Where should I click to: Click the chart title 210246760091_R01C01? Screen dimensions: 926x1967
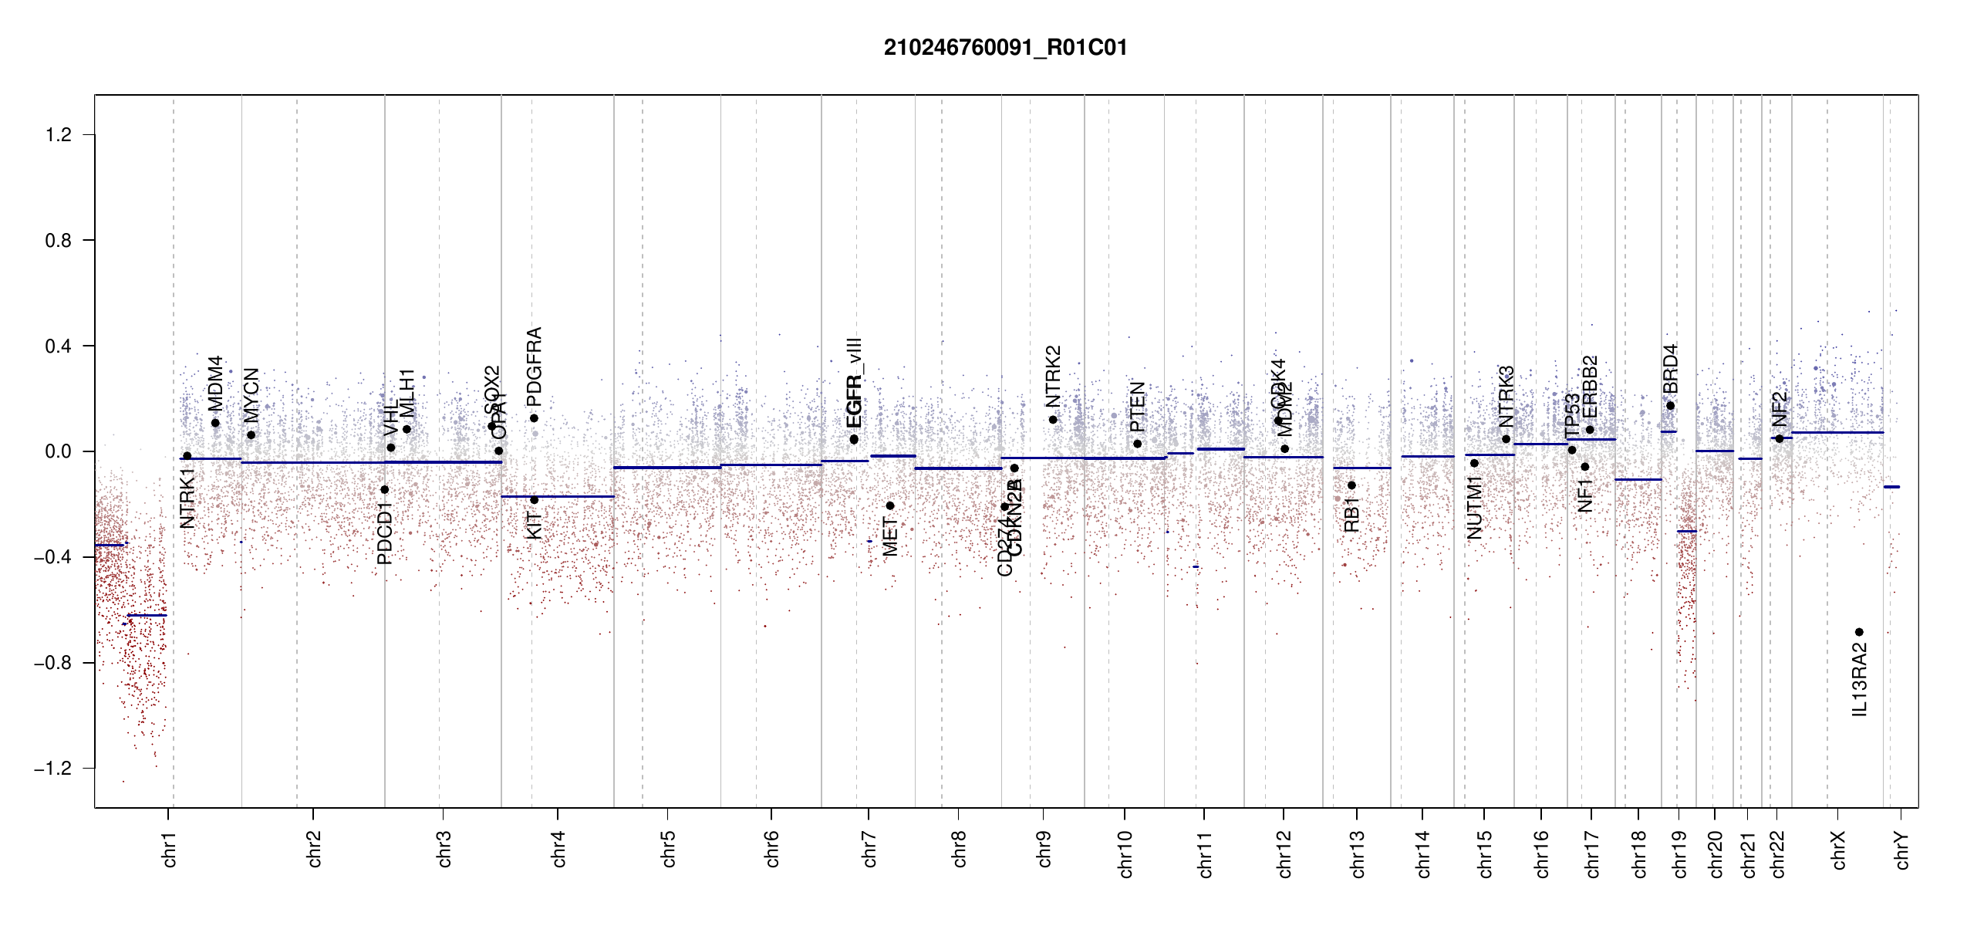click(1005, 48)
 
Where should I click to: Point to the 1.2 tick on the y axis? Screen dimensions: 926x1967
click(59, 135)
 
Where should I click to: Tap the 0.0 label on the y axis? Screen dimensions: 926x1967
click(59, 451)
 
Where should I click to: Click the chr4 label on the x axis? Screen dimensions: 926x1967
click(558, 849)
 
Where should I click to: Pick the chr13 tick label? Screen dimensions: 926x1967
click(1357, 853)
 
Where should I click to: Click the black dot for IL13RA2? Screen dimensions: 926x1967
click(1859, 632)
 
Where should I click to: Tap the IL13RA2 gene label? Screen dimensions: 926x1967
click(1860, 681)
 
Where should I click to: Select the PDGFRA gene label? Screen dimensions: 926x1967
click(534, 367)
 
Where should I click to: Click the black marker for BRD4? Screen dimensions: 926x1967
click(1670, 406)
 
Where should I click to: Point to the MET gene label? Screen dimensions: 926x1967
click(890, 537)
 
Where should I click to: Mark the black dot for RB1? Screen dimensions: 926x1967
click(1351, 485)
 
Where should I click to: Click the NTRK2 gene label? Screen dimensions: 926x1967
click(1053, 377)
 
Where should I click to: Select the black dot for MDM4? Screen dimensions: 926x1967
click(215, 423)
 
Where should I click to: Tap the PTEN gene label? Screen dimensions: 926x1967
click(1137, 407)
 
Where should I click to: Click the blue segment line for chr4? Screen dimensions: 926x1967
click(558, 496)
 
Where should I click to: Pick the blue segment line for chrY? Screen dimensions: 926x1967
click(1891, 487)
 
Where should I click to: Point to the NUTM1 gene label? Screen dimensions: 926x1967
click(1475, 507)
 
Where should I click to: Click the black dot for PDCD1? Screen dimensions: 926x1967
click(385, 489)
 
